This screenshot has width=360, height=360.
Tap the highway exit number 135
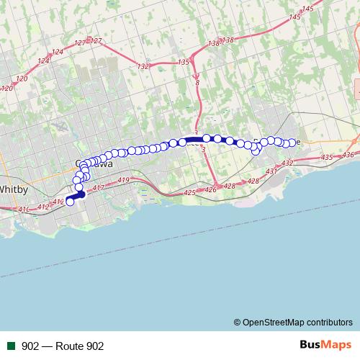click(183, 63)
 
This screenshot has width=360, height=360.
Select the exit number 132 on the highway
click(143, 66)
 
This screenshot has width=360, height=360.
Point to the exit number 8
click(197, 84)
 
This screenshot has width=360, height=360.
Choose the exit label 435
click(327, 157)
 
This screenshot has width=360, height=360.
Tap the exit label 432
click(288, 163)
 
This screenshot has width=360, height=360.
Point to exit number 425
click(190, 192)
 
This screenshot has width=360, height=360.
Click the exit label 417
click(99, 188)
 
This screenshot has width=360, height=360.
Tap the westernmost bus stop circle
click(70, 202)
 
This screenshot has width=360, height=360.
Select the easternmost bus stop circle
click(292, 142)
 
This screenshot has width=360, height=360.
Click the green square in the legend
click(12, 346)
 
